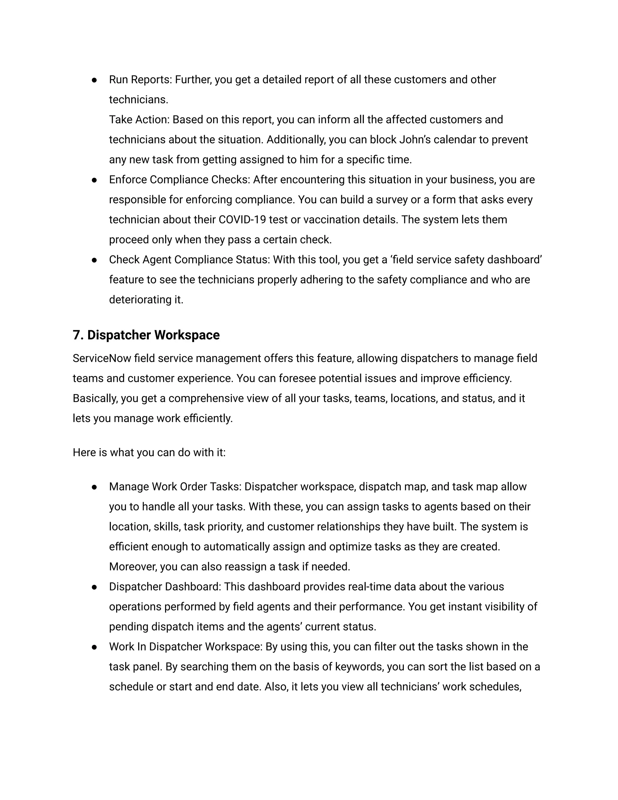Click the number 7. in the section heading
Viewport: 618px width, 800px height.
click(x=78, y=335)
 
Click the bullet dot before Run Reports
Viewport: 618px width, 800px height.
click(x=94, y=80)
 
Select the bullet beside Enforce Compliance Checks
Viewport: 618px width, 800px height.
click(x=94, y=180)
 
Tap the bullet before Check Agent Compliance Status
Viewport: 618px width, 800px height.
click(x=94, y=260)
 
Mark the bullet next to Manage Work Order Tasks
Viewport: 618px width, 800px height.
click(x=94, y=487)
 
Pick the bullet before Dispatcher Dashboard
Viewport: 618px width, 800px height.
click(x=94, y=587)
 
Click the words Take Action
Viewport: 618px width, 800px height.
click(x=139, y=120)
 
